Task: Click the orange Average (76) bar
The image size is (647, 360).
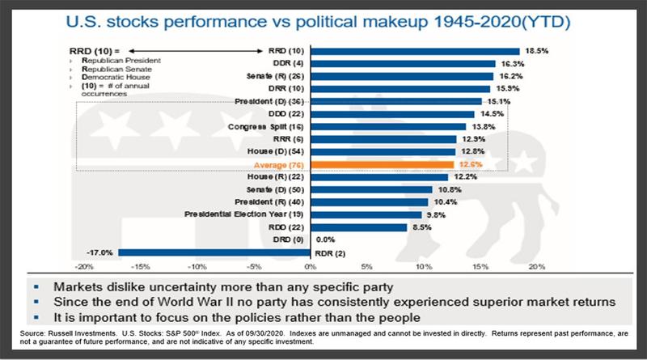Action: point(381,164)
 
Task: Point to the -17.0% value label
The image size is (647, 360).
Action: point(102,252)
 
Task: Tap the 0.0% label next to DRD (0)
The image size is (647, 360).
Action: point(325,239)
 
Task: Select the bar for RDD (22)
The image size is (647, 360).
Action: point(358,227)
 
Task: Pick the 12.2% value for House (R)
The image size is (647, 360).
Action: point(464,177)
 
